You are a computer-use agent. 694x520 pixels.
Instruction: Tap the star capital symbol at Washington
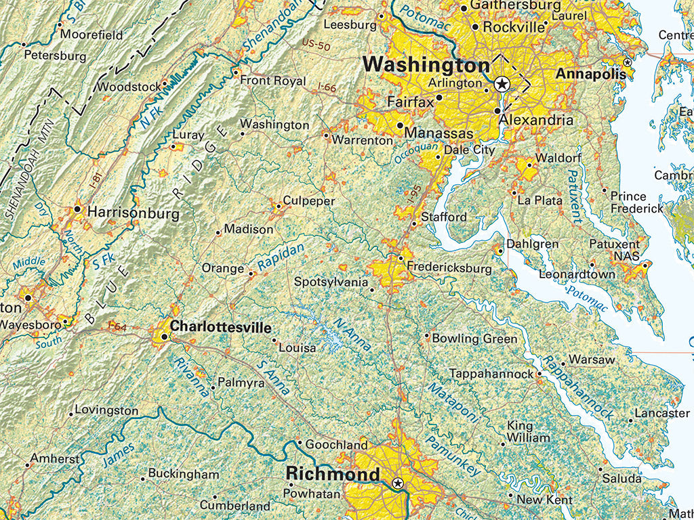502,84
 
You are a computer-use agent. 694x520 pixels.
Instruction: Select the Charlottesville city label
220,326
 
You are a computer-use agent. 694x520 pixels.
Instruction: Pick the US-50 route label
315,45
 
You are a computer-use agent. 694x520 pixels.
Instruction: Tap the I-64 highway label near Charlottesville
118,328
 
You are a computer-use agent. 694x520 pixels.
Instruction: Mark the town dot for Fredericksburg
401,258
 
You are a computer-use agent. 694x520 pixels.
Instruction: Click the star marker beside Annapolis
628,62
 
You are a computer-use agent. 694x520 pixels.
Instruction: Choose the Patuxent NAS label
615,250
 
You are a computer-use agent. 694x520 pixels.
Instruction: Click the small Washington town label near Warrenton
274,125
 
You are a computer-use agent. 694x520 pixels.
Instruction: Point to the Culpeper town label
309,201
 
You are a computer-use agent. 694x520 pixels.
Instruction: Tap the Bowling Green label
474,339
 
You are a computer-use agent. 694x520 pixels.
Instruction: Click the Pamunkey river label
453,453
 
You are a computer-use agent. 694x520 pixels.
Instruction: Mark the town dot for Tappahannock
539,373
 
